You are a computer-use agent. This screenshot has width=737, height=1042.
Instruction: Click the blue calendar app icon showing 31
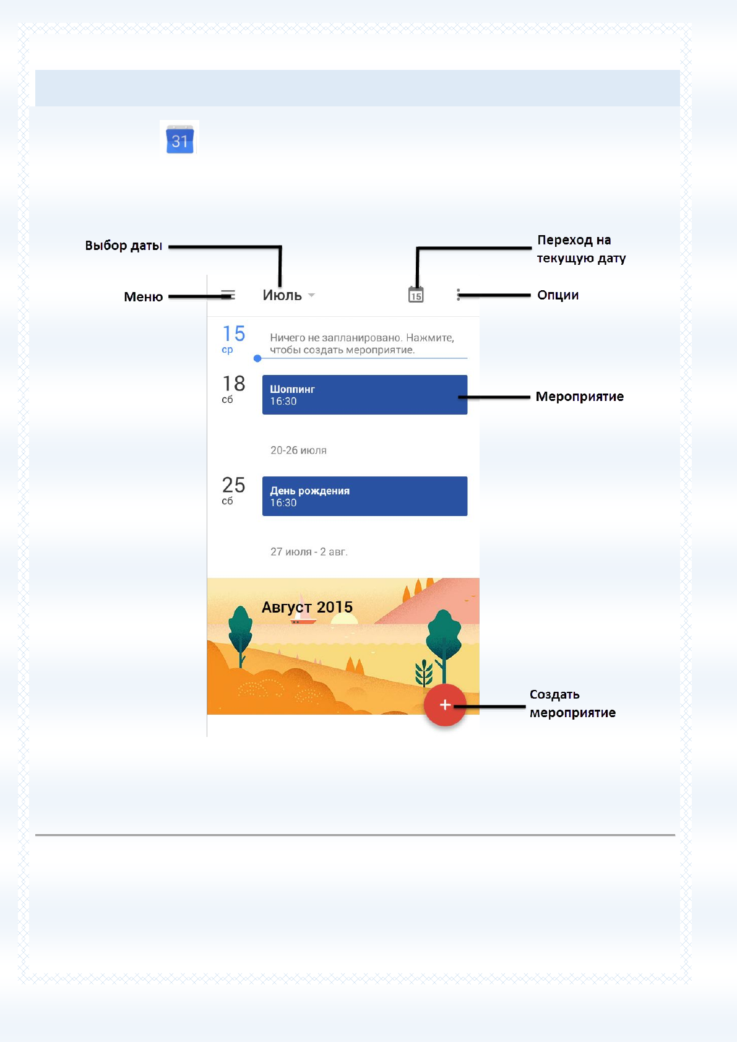pos(179,140)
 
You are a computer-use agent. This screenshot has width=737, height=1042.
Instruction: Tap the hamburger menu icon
pos(228,295)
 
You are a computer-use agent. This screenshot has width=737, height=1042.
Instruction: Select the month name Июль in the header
pos(282,295)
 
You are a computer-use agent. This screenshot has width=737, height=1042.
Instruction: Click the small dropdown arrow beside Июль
pos(311,295)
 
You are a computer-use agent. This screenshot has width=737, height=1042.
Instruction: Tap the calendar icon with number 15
pos(416,295)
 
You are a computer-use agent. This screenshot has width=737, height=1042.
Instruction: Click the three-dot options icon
pos(458,295)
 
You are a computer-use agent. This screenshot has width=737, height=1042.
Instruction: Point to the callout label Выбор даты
pos(124,246)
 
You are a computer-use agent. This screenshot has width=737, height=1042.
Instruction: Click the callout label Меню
pos(143,297)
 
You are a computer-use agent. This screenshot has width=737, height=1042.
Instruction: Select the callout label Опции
pos(558,295)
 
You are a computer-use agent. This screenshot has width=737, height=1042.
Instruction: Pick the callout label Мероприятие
pos(579,397)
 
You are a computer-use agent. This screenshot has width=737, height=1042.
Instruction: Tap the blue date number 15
pos(234,334)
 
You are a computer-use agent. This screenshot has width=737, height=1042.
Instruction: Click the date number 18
pos(234,384)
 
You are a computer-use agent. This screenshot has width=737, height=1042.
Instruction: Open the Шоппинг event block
pos(364,395)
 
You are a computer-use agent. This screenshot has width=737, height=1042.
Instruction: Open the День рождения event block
pos(364,496)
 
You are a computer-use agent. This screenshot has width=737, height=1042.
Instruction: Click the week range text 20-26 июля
pos(298,450)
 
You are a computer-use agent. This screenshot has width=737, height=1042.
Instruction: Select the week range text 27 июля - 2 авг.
pos(309,552)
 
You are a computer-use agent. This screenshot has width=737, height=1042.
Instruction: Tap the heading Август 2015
pos(307,607)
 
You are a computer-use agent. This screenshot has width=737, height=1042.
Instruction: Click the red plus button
pos(444,705)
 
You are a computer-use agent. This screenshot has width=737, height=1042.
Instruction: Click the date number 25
pos(234,485)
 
